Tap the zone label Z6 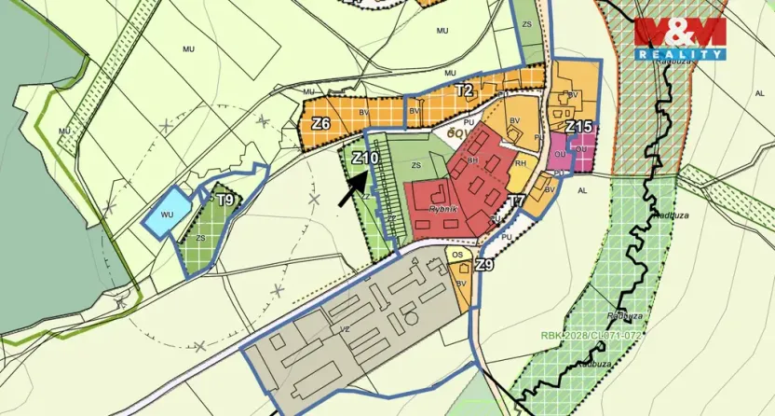(321, 124)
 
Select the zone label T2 (464, 90)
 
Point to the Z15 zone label (579, 126)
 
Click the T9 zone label (224, 200)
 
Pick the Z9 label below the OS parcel (483, 266)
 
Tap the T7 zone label (517, 201)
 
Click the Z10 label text (365, 159)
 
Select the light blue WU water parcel (166, 212)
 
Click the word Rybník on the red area (444, 210)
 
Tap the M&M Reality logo (680, 36)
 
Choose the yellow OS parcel (456, 254)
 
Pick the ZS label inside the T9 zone (199, 238)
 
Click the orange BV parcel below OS (461, 284)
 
